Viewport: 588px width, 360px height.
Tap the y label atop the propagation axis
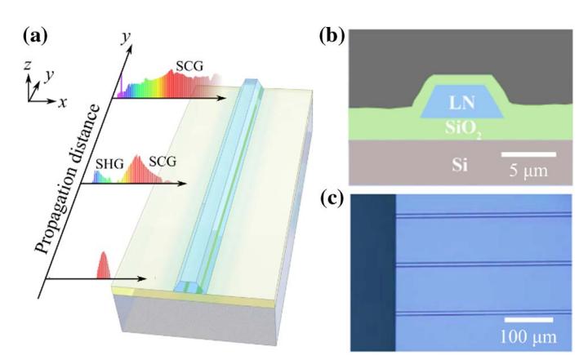pos(127,37)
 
